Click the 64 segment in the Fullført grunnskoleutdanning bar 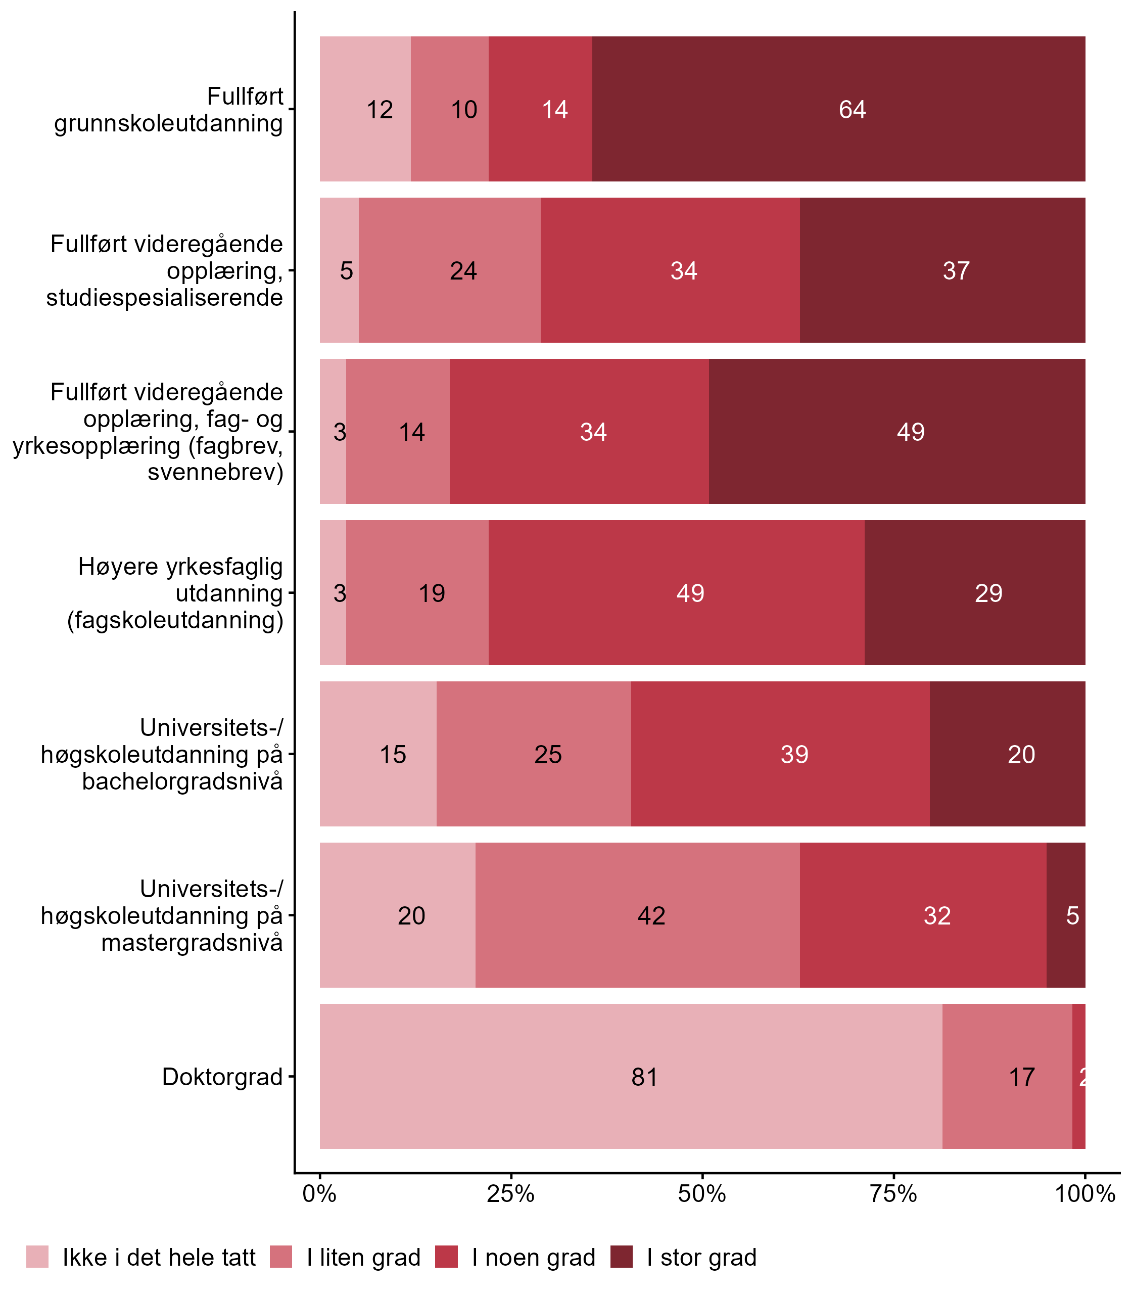click(838, 109)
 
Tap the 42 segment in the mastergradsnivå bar click(637, 915)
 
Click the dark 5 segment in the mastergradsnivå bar click(1066, 915)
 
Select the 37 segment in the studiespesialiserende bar click(942, 270)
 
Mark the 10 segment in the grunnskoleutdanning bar click(449, 109)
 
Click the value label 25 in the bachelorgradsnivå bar click(548, 754)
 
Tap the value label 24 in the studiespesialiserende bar click(463, 271)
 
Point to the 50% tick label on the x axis click(702, 1194)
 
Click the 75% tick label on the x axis click(893, 1194)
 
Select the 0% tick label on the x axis click(319, 1194)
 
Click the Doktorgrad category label click(222, 1077)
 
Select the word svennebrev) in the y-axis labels click(215, 472)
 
